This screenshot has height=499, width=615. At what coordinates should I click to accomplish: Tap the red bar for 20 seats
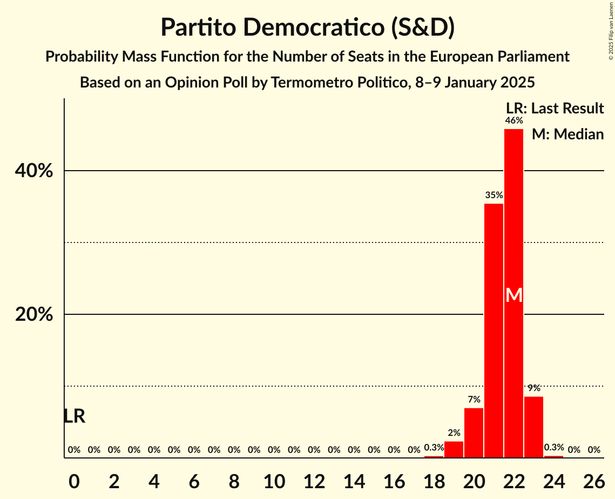pyautogui.click(x=474, y=433)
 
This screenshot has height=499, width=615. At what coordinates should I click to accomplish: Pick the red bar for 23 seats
pyautogui.click(x=533, y=427)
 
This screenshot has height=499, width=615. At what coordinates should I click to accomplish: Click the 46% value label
pyautogui.click(x=513, y=120)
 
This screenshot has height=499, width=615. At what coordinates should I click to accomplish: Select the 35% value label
pyautogui.click(x=494, y=195)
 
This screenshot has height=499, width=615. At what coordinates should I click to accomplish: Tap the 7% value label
pyautogui.click(x=474, y=400)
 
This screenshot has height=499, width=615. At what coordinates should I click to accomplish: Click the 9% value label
pyautogui.click(x=533, y=388)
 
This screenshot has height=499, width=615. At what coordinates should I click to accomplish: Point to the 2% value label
pyautogui.click(x=454, y=433)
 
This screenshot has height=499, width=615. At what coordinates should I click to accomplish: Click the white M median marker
pyautogui.click(x=514, y=295)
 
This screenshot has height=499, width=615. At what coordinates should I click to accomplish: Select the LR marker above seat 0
pyautogui.click(x=74, y=416)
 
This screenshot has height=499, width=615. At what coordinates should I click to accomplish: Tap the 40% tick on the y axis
pyautogui.click(x=34, y=171)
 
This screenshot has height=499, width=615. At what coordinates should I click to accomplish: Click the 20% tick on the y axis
pyautogui.click(x=34, y=315)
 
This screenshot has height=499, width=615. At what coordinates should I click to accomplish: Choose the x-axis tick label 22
pyautogui.click(x=513, y=482)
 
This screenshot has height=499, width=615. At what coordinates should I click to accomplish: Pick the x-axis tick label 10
pyautogui.click(x=274, y=482)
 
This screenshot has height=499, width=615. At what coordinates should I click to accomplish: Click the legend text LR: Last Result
pyautogui.click(x=555, y=109)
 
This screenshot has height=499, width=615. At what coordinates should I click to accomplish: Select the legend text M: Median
pyautogui.click(x=567, y=134)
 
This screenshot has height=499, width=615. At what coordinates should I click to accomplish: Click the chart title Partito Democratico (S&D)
pyautogui.click(x=307, y=28)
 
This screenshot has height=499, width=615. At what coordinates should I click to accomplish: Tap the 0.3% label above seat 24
pyautogui.click(x=553, y=447)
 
